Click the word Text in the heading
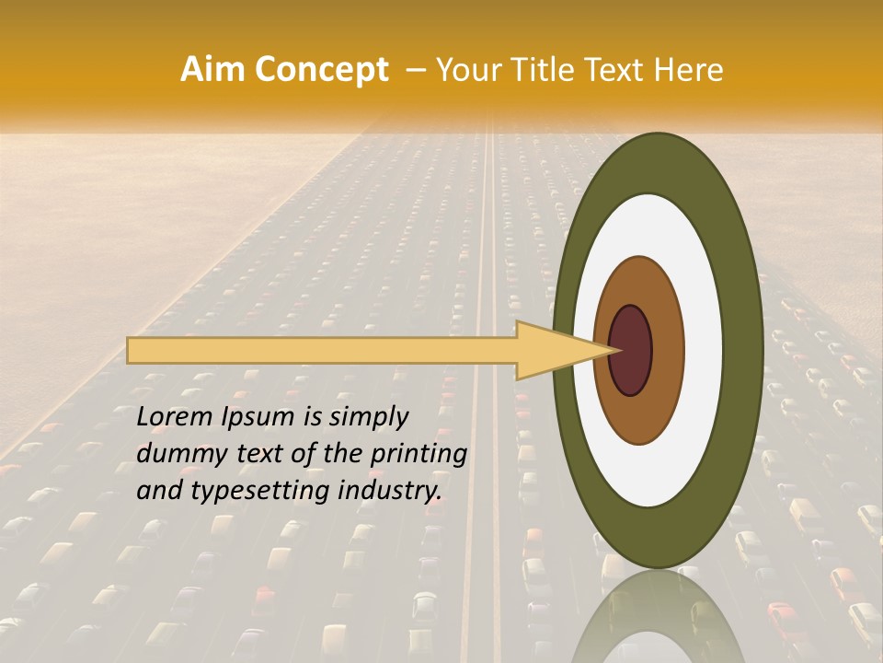618,70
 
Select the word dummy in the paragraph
178,454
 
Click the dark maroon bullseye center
631,350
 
